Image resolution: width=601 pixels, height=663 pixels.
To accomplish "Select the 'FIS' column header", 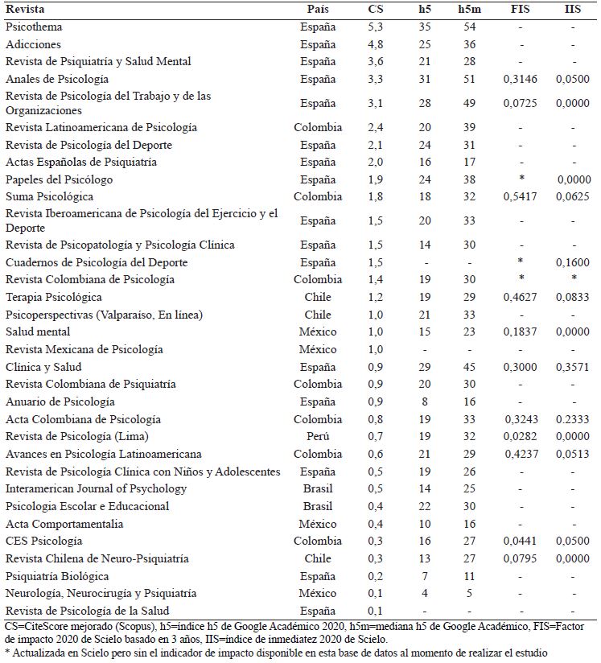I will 521,9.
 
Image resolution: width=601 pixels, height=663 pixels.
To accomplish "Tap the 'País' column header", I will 318,9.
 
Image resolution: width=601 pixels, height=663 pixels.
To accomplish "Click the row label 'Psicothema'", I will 31,27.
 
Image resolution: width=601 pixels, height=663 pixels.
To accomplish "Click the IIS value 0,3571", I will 572,367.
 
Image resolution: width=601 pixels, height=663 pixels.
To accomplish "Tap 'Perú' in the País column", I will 318,436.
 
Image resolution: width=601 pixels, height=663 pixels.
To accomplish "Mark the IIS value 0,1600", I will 572,262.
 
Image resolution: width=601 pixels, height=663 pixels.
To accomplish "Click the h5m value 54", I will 470,27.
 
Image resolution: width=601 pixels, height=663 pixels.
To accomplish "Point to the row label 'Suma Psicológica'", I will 49,197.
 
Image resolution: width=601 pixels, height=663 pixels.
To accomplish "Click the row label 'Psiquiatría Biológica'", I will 56,576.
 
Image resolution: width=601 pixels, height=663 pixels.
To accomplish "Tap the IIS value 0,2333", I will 572,419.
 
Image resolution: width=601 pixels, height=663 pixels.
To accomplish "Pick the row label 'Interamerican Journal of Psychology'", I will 96,488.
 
